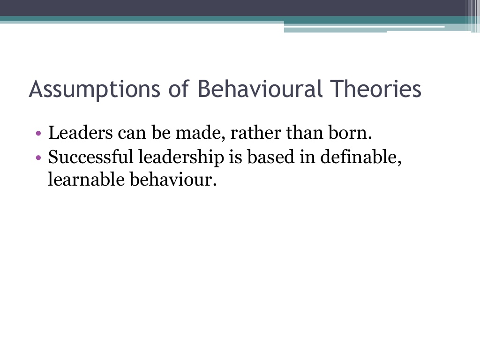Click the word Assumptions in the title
[x=95, y=89]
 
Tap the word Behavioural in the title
[x=260, y=89]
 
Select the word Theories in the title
[x=376, y=89]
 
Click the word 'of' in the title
[x=179, y=89]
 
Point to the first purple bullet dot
[x=38, y=134]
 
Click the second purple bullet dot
[x=38, y=157]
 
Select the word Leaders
[x=81, y=133]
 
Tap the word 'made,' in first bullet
[x=201, y=134]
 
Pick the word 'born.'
[x=350, y=133]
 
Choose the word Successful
[x=90, y=157]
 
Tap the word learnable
[x=86, y=180]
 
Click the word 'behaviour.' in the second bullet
[x=173, y=180]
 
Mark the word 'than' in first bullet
[x=305, y=133]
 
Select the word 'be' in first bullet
[x=161, y=133]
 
